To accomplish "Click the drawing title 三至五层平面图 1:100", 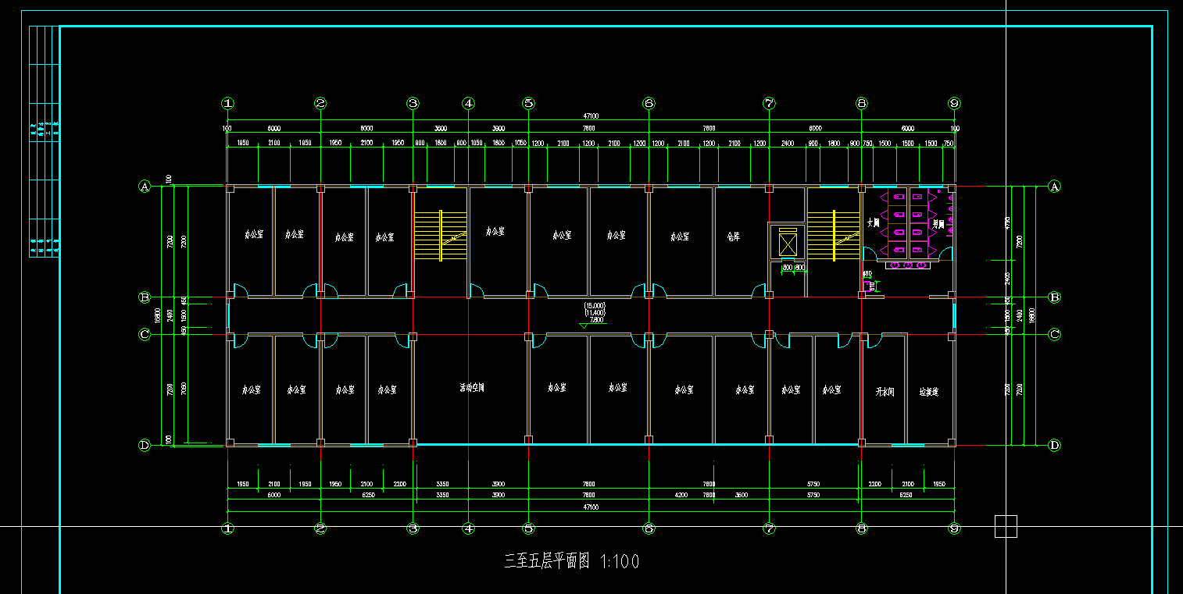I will tap(572, 560).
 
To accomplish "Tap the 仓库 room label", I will tap(733, 234).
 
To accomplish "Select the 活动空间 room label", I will tap(471, 387).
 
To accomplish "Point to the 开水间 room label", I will tap(883, 389).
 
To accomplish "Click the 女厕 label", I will tap(874, 223).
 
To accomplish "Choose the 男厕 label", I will tap(938, 224).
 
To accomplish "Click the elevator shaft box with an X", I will tap(787, 244).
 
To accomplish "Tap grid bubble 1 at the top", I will tap(227, 103).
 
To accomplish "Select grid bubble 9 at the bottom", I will tap(953, 528).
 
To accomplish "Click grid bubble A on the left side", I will tap(144, 186).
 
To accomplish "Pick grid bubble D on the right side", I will tap(1054, 446).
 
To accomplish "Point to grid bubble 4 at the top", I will tap(468, 103).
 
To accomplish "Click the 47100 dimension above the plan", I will tap(591, 116).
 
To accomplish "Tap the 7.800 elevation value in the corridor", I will tap(596, 319).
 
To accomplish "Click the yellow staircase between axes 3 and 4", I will tap(440, 235).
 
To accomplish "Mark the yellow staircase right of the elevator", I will tap(833, 235).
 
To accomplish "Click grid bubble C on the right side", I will tap(1054, 335).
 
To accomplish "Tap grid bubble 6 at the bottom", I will tap(649, 528).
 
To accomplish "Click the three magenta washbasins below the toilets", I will tap(907, 265).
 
